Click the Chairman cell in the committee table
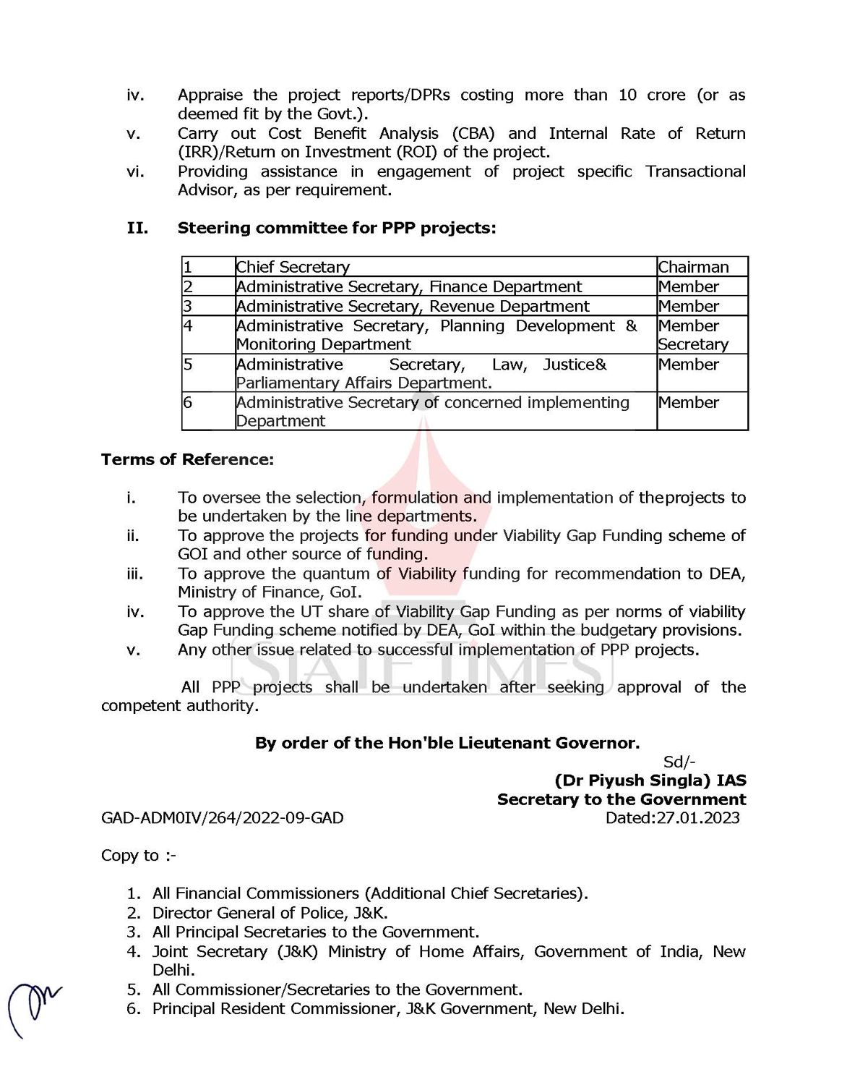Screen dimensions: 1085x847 point(693,267)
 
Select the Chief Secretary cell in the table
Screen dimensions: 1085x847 point(293,267)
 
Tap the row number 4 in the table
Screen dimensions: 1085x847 point(188,325)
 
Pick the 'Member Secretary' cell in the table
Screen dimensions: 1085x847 point(693,335)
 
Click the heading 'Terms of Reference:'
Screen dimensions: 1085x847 point(187,459)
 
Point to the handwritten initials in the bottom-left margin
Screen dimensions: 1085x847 point(33,1008)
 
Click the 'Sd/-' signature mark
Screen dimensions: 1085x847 point(679,762)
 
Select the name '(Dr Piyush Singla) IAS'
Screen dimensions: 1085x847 point(650,780)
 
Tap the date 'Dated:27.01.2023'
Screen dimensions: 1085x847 point(672,818)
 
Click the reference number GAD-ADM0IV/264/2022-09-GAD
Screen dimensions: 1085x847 point(222,818)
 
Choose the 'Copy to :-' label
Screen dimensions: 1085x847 point(138,856)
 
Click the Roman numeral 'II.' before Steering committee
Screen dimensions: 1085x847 point(137,228)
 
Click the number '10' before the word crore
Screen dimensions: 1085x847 point(627,95)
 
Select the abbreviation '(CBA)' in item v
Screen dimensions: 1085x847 point(473,133)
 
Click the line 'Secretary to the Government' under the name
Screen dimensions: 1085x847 point(622,799)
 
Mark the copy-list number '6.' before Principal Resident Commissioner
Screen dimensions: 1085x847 point(134,1008)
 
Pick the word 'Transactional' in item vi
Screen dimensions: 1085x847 point(695,171)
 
